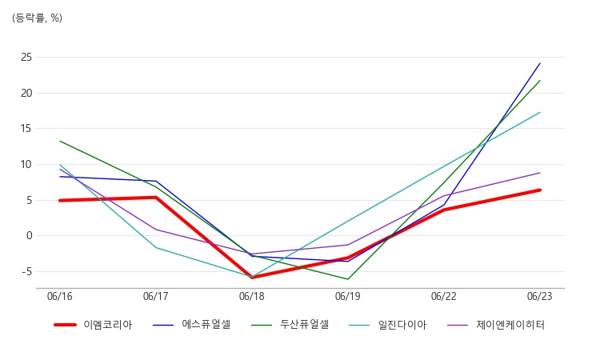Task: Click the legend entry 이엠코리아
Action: coord(93,325)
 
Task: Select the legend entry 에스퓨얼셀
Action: coord(192,325)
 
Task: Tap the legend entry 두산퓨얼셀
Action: coord(290,325)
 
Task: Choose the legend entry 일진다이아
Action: coord(388,325)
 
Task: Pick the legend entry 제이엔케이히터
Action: coord(496,325)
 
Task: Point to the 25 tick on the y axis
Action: coord(26,58)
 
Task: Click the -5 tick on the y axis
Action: coord(26,272)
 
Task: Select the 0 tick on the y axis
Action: coord(30,236)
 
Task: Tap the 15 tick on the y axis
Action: coord(26,129)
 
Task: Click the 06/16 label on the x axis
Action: coord(60,297)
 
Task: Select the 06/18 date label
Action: coord(252,297)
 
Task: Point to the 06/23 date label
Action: coord(539,297)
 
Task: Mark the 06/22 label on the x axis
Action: coord(444,297)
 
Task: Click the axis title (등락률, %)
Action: coord(37,18)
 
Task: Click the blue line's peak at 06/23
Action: coord(540,63)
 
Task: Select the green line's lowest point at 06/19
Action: coord(348,279)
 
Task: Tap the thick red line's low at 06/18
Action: coord(252,278)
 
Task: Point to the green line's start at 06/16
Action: coord(60,141)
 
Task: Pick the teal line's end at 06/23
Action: coord(540,113)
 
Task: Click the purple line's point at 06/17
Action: coord(156,230)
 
